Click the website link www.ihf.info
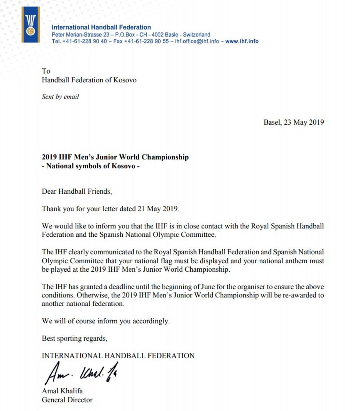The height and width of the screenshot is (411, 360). (x=242, y=42)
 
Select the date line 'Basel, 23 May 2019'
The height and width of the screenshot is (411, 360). (x=294, y=122)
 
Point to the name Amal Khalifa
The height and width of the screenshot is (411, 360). (x=62, y=391)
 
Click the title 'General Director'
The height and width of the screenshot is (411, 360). (x=67, y=400)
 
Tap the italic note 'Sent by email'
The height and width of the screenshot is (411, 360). (x=60, y=97)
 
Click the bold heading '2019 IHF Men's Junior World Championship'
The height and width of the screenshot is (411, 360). (x=115, y=157)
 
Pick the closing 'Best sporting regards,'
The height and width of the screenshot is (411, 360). (x=75, y=338)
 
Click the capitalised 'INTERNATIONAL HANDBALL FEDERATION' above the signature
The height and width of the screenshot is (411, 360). (x=118, y=355)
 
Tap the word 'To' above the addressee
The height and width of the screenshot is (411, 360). (x=46, y=71)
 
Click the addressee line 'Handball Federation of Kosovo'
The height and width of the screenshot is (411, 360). (x=89, y=80)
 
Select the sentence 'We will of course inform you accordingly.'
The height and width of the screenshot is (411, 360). (x=106, y=321)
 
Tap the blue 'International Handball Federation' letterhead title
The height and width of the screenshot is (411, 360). (x=101, y=27)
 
